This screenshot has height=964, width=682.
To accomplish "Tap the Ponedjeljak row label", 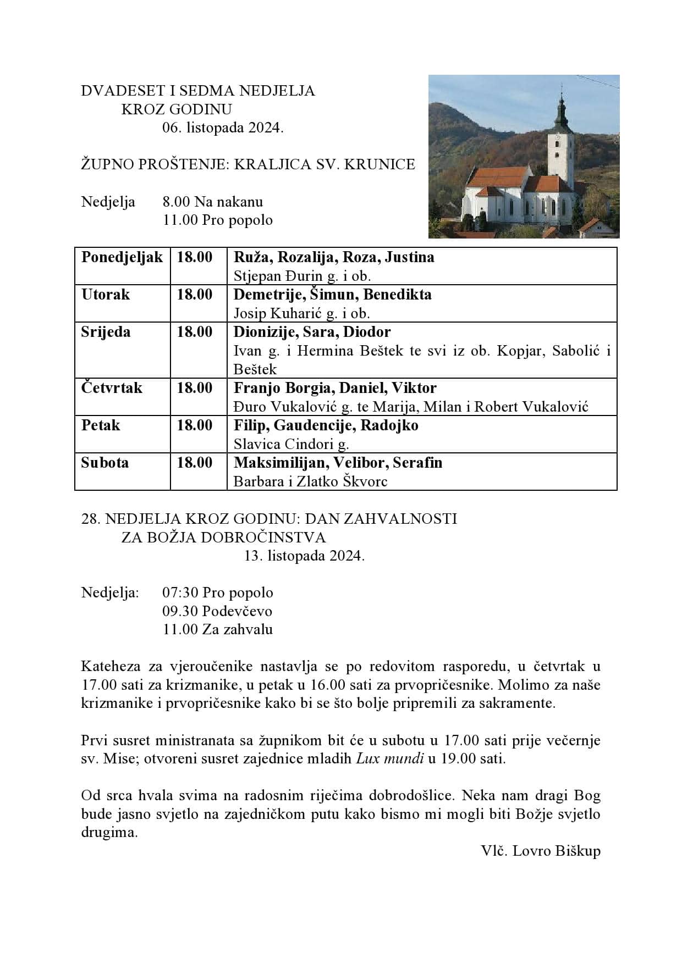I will (122, 257).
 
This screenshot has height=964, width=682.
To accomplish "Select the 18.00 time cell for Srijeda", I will (194, 332).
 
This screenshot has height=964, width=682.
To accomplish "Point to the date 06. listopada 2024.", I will (223, 128).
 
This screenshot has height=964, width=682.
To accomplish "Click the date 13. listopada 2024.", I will (304, 556).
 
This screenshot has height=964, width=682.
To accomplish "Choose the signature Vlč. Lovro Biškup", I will (541, 851).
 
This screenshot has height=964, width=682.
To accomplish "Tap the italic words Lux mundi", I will (390, 759).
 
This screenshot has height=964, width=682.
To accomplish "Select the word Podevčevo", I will (237, 611).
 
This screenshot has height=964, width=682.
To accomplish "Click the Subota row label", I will (105, 463).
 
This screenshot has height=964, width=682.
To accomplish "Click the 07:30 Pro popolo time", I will (217, 592).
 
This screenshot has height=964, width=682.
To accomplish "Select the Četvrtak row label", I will (112, 388).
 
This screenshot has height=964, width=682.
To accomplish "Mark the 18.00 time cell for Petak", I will (194, 425).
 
